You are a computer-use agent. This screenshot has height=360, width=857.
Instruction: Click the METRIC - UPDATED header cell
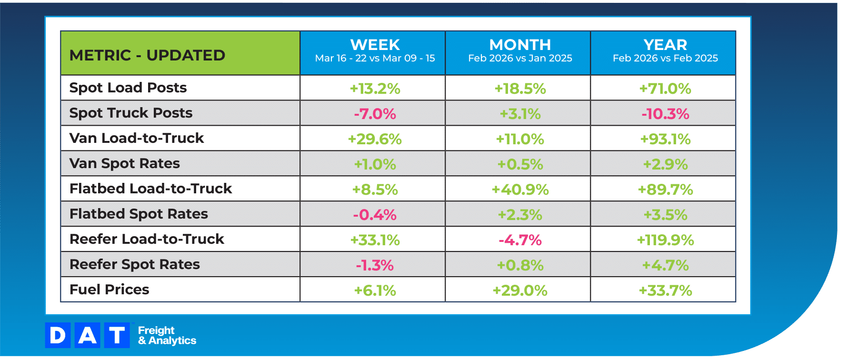tap(147, 55)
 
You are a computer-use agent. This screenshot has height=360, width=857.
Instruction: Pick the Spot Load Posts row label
tap(128, 88)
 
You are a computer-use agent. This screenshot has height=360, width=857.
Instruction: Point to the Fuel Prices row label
tap(110, 290)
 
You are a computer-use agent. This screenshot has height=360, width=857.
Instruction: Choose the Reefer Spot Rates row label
tap(135, 264)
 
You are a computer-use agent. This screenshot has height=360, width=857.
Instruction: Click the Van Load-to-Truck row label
tap(137, 138)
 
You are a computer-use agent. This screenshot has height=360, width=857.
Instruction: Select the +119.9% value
tap(665, 240)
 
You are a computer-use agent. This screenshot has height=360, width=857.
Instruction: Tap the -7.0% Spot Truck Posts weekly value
tap(375, 114)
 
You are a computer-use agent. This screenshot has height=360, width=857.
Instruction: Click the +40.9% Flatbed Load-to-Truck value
tap(520, 190)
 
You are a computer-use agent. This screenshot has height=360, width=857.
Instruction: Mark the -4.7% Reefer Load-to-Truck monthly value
tap(520, 240)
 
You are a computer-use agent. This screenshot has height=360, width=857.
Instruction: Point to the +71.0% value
tap(665, 89)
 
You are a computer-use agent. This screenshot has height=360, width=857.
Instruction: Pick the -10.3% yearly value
tap(665, 114)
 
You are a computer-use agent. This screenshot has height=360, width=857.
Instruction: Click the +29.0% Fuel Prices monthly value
tap(520, 290)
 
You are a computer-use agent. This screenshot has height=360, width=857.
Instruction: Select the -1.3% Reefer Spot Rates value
tap(375, 265)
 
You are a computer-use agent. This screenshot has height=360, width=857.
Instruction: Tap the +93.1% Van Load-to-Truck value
tap(665, 139)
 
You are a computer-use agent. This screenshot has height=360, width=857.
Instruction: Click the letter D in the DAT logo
tap(58, 335)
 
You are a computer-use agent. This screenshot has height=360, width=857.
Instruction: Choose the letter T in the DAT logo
tap(117, 335)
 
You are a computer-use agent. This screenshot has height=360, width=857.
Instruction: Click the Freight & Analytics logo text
tap(167, 335)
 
